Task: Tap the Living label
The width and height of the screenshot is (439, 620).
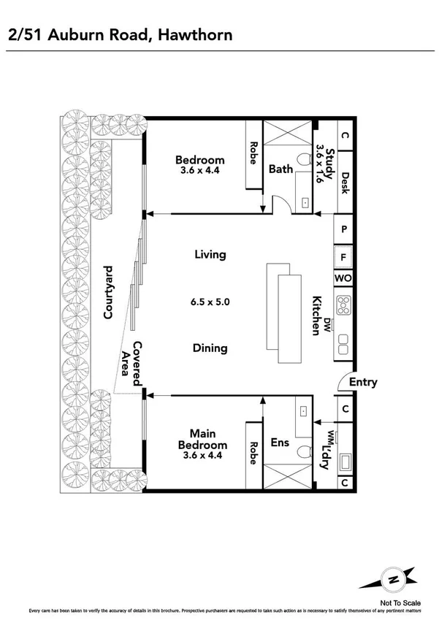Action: point(210,255)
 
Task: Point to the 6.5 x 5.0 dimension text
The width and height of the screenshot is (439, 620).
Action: point(210,301)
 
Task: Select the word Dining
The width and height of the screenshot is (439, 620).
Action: point(210,348)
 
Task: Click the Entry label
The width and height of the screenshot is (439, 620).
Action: point(363,382)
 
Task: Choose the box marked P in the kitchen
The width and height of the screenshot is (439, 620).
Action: point(344,229)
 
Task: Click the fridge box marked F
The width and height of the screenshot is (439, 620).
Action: point(344,257)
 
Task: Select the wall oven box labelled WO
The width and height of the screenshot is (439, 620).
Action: point(344,279)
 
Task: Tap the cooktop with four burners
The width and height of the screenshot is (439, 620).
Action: point(344,304)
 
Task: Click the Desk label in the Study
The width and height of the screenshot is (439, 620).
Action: point(345,181)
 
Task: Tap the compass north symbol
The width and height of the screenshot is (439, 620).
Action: point(394,578)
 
